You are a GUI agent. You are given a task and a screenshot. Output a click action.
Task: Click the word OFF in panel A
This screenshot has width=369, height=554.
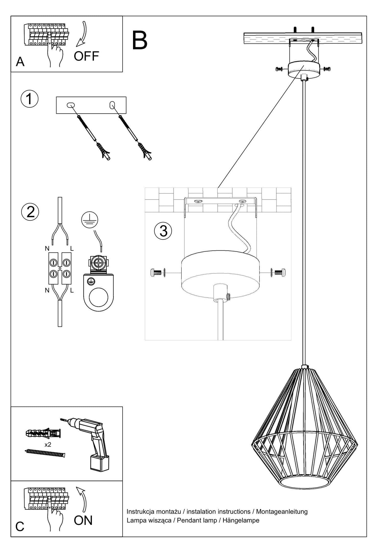click(x=86, y=56)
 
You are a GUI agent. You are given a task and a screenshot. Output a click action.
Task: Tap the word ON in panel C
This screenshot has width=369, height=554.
click(x=83, y=520)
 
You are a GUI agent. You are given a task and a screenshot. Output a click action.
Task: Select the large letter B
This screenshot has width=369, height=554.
click(x=139, y=41)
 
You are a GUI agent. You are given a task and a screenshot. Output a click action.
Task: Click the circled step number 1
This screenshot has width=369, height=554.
click(x=30, y=99)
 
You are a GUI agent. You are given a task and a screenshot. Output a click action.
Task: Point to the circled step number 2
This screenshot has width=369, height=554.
click(x=30, y=212)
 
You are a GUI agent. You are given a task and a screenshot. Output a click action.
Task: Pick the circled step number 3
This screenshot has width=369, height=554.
click(x=163, y=231)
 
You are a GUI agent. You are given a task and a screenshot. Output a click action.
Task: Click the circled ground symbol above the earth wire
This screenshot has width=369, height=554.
click(x=90, y=220)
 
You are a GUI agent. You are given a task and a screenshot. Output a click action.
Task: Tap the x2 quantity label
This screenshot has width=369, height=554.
click(x=48, y=444)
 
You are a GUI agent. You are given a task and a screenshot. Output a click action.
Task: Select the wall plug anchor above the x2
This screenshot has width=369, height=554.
click(x=43, y=433)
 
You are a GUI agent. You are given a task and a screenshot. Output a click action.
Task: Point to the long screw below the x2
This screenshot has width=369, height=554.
click(x=45, y=453)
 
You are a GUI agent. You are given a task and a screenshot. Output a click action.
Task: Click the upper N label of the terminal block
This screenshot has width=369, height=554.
click(x=47, y=248)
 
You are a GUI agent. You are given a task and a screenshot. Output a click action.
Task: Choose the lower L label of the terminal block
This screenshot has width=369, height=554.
click(x=72, y=290)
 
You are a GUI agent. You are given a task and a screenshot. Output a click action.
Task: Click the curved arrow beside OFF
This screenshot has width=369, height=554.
click(x=82, y=34)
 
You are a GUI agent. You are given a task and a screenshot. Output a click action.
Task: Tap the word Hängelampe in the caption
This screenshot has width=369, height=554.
click(x=241, y=520)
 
